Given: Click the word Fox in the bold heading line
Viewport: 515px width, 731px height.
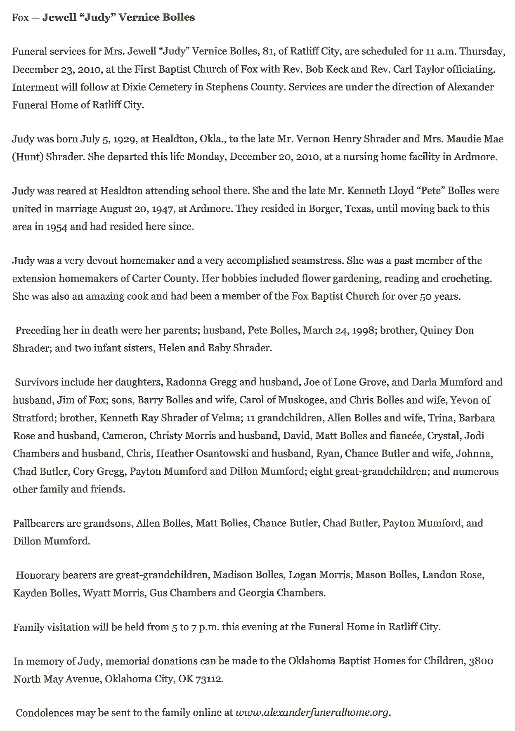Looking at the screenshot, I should (20, 17).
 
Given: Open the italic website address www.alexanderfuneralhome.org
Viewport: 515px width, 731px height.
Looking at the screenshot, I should (312, 713).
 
